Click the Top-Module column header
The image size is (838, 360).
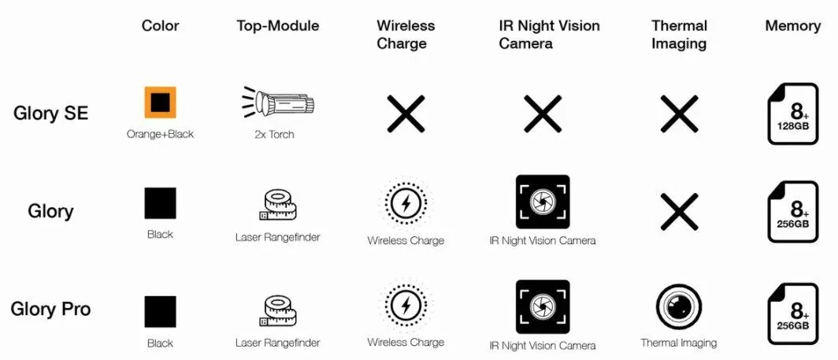(278, 26)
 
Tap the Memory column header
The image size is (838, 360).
(792, 26)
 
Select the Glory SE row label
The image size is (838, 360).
(50, 113)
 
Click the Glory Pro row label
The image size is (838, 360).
(50, 309)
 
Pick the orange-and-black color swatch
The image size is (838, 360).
(160, 102)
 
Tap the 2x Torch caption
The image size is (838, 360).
(274, 134)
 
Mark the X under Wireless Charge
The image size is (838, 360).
(406, 113)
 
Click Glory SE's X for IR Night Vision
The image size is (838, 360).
(543, 113)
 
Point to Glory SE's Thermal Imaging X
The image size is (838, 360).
(679, 113)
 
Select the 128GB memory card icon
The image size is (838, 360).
(793, 113)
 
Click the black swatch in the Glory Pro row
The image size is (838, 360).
(160, 311)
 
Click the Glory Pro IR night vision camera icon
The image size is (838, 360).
(543, 306)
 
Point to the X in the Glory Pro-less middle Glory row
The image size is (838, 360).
(679, 212)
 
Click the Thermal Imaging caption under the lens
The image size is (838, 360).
(679, 343)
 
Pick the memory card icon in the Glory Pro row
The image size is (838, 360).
(793, 314)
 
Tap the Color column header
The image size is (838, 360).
(161, 26)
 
